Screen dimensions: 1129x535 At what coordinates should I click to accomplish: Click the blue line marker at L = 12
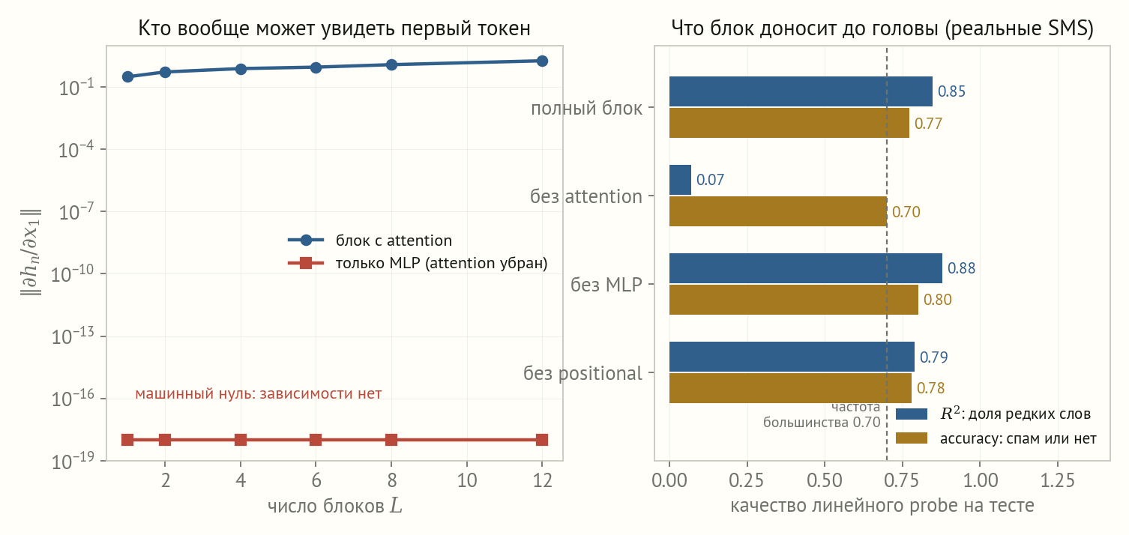(x=542, y=61)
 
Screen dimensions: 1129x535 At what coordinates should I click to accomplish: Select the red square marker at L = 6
(x=316, y=440)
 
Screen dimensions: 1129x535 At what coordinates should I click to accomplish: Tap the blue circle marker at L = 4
(x=241, y=69)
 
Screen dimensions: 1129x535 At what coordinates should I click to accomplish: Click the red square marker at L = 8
(x=391, y=440)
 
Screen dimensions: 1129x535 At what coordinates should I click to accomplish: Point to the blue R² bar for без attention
(x=680, y=180)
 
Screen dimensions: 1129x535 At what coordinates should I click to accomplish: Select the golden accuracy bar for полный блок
(x=789, y=123)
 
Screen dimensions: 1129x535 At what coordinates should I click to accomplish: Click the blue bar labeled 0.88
(x=805, y=268)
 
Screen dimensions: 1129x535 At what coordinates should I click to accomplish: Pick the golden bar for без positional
(x=790, y=388)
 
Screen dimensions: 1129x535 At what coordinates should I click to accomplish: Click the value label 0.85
(x=951, y=91)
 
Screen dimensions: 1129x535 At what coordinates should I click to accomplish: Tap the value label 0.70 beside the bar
(x=906, y=211)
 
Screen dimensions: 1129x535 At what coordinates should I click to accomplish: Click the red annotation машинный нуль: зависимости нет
(x=258, y=393)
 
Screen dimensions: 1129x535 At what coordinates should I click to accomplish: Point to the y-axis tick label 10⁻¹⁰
(x=73, y=273)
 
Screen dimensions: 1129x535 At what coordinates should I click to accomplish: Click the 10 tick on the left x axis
(x=467, y=480)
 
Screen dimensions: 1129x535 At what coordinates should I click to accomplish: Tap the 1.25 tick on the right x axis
(x=1058, y=480)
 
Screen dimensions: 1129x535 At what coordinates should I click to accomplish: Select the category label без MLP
(x=606, y=285)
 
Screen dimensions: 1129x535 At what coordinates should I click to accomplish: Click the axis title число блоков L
(x=335, y=506)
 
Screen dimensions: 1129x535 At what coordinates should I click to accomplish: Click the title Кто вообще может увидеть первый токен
(x=334, y=28)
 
